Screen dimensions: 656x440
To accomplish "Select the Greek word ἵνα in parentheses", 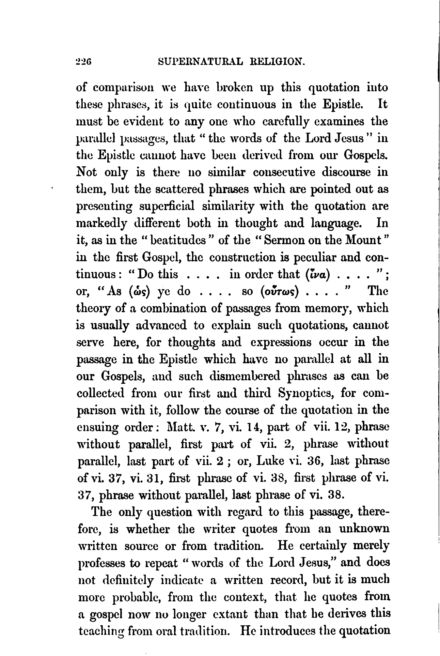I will click(318, 274).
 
